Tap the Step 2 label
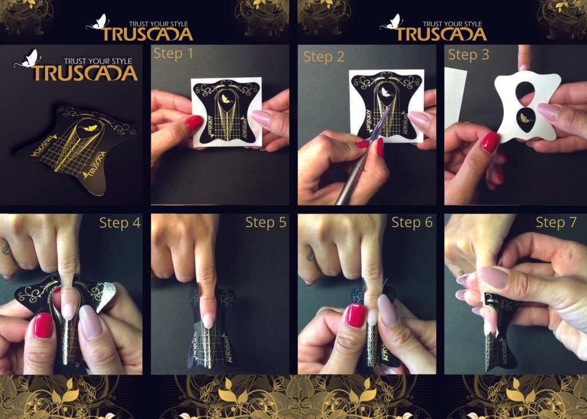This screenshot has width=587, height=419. click(x=324, y=56)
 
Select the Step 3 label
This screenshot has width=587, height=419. click(x=468, y=55)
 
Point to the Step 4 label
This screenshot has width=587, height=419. click(x=120, y=223)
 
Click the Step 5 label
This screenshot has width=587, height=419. click(x=266, y=223)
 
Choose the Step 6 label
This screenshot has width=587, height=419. click(x=412, y=223)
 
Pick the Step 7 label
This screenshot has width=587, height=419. click(x=556, y=223)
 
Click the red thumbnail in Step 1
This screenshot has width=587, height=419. click(x=194, y=123)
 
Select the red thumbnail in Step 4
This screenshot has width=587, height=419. click(x=43, y=325)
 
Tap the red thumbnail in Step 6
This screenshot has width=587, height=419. click(x=355, y=316)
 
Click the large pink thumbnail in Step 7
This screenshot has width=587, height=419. click(x=494, y=277)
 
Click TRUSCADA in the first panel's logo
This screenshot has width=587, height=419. click(x=84, y=73)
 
